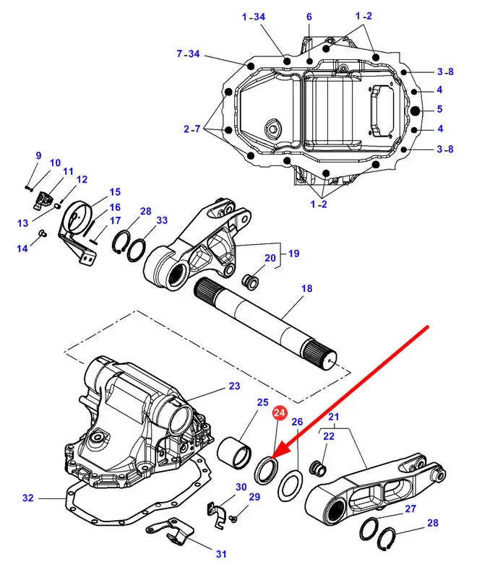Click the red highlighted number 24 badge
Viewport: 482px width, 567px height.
point(280,413)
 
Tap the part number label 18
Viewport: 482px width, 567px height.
point(306,288)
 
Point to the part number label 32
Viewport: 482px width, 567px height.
point(28,498)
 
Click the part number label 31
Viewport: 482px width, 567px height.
point(220,554)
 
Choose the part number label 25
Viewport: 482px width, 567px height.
point(262,402)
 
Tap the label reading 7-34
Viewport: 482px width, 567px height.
point(188,53)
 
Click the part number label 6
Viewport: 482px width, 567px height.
point(309,17)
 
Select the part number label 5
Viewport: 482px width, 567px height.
point(441,110)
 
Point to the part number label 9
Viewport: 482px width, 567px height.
point(38,155)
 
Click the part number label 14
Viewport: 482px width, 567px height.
point(22,248)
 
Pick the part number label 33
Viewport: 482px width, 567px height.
point(162,220)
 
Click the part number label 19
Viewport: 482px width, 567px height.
point(293,254)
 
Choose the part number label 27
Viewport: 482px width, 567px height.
point(410,508)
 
